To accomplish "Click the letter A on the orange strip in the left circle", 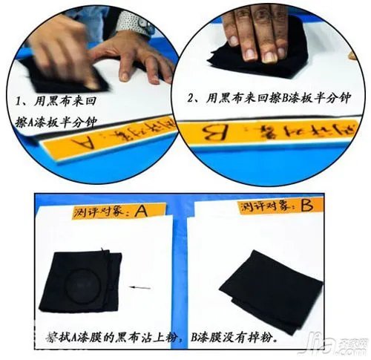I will [88, 139].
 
